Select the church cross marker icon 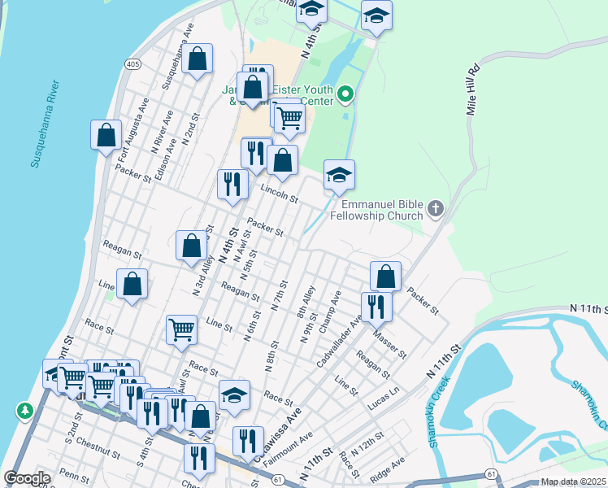click(435, 210)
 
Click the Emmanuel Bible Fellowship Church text click(382, 210)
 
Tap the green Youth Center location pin click(345, 96)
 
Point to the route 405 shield click(133, 63)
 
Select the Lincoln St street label click(279, 194)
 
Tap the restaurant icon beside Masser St click(376, 307)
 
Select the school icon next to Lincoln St click(339, 174)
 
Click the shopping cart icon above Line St click(181, 329)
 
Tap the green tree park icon click(25, 412)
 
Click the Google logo click(27, 478)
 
